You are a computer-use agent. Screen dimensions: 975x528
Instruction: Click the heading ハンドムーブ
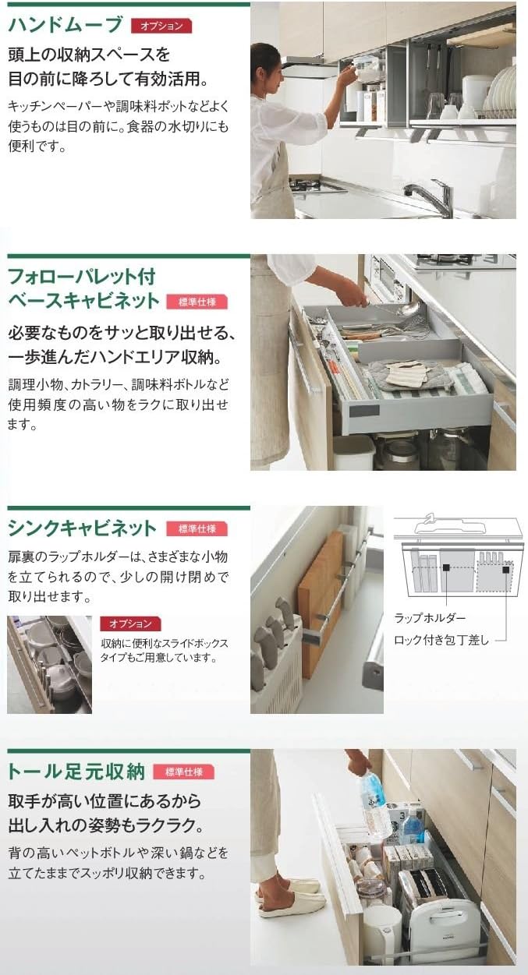coord(66,25)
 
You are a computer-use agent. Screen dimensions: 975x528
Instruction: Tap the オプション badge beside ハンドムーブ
coord(161,26)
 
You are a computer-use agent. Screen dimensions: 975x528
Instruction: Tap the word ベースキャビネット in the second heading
coord(83,301)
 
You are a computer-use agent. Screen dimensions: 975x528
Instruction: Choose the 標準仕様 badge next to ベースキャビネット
coord(197,302)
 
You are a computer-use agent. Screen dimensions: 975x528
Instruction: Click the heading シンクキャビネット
coord(82,528)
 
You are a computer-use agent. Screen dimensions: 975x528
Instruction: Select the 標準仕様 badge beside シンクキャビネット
coord(197,528)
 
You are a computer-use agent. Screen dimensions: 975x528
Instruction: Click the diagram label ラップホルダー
coord(429,618)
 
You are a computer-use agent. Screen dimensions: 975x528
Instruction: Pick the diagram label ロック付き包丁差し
coord(441,640)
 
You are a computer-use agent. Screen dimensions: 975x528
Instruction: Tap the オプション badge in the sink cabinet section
coord(130,624)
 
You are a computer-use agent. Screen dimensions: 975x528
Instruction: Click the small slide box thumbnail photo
coord(49,663)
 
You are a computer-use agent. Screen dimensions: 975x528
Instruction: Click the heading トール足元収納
coord(76,772)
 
